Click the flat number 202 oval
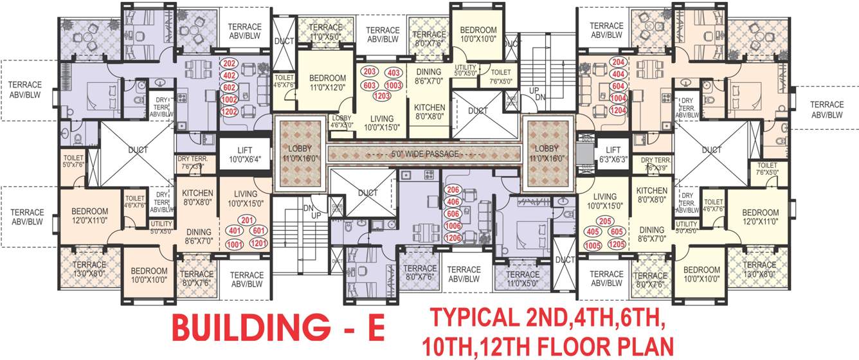click(x=229, y=64)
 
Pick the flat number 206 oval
click(x=453, y=190)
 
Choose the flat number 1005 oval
click(x=592, y=245)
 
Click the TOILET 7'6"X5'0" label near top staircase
click(x=500, y=77)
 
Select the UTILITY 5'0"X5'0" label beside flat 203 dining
click(x=466, y=70)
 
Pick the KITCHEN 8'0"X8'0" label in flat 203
click(x=429, y=112)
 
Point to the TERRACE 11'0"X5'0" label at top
click(x=325, y=32)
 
